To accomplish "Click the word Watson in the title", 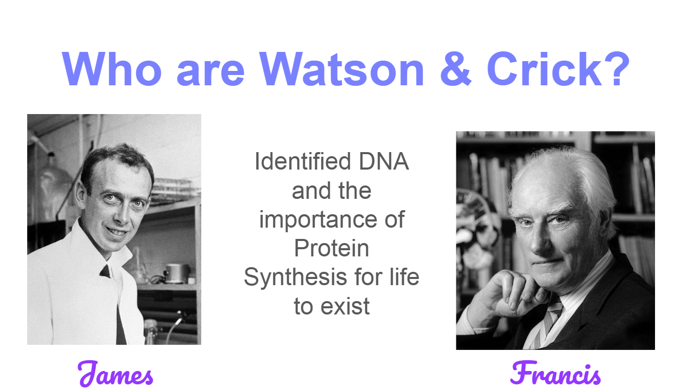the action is coord(342,69).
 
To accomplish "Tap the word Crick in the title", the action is coord(545,68).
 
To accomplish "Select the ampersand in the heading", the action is coord(456,68).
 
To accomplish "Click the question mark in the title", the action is coord(617,68).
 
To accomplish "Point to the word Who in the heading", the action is coord(112,69).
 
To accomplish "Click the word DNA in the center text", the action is coord(383,161).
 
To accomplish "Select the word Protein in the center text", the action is coord(331,248).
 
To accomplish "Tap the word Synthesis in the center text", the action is coord(295,277).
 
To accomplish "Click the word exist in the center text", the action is coord(345,306).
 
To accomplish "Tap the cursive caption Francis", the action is coord(555,373).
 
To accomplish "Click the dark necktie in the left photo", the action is coord(116,305).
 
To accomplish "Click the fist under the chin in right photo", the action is coord(513,293).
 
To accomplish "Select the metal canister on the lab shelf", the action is coord(177,273).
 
